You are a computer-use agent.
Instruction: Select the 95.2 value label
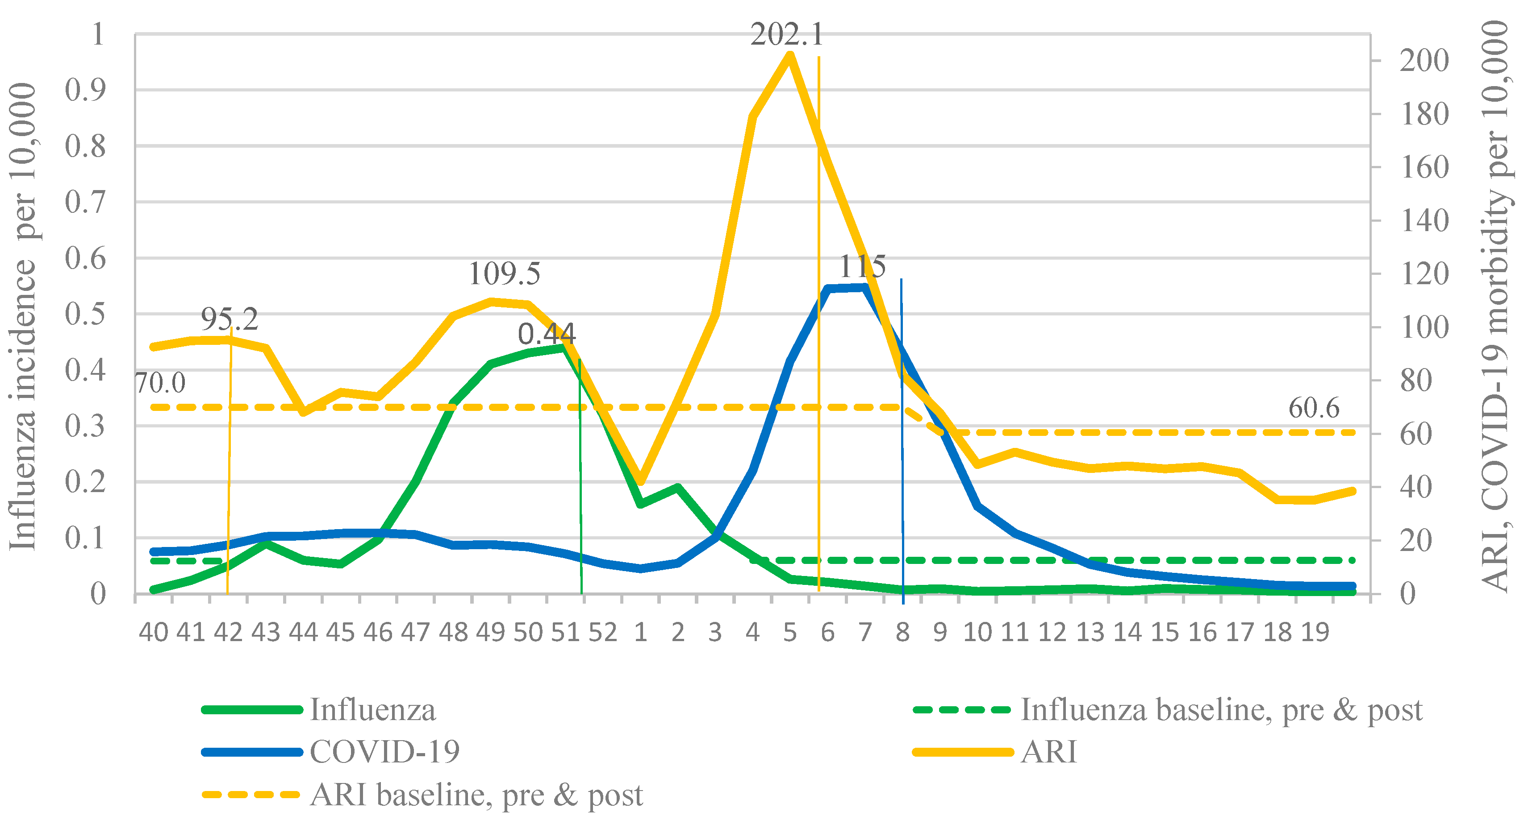(230, 319)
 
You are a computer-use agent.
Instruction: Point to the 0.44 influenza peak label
(547, 334)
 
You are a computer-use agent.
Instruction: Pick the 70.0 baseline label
(160, 383)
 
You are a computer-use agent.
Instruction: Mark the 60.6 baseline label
(1313, 408)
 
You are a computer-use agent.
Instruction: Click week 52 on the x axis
(603, 633)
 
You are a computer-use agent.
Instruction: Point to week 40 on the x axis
(153, 633)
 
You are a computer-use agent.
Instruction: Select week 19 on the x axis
(1315, 633)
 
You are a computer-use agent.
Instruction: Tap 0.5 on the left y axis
(85, 314)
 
